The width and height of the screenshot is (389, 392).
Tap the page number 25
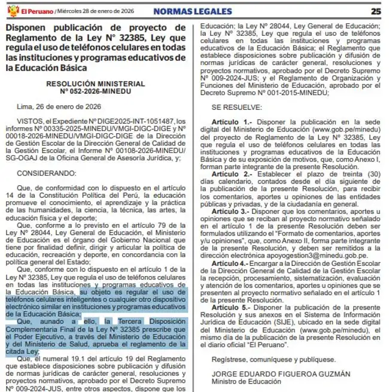[376, 10]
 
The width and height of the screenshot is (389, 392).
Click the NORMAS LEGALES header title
[193, 11]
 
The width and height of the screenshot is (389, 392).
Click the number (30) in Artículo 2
[370, 173]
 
